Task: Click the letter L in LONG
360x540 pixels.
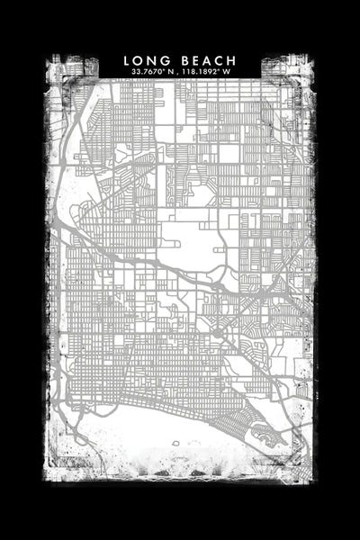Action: [x=128, y=60]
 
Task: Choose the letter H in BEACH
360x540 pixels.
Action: [x=231, y=60]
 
